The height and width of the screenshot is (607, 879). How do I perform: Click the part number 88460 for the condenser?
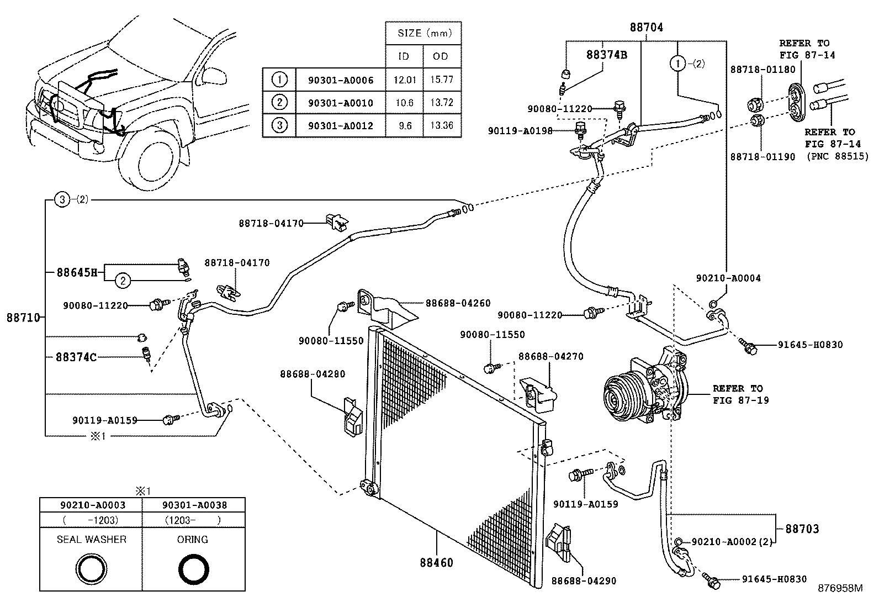point(436,563)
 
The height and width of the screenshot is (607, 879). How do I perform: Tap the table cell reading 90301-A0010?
point(340,103)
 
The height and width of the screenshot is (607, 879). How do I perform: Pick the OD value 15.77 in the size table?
point(441,80)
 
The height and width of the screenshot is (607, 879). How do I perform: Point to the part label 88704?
point(647,27)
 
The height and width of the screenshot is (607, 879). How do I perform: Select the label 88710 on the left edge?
point(23,317)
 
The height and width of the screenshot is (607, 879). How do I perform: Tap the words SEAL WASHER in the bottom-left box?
point(92,539)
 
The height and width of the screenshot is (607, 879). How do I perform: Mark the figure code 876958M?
point(840,588)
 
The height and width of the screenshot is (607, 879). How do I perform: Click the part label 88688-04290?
point(584,580)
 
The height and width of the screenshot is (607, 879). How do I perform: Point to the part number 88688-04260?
point(458,303)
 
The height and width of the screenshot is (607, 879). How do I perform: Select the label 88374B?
point(606,55)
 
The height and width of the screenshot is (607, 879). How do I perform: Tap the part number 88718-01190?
point(762,157)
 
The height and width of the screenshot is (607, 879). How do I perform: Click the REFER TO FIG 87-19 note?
point(737,394)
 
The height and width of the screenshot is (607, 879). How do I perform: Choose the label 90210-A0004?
point(728,278)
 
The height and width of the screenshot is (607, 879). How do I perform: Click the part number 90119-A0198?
point(520,131)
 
